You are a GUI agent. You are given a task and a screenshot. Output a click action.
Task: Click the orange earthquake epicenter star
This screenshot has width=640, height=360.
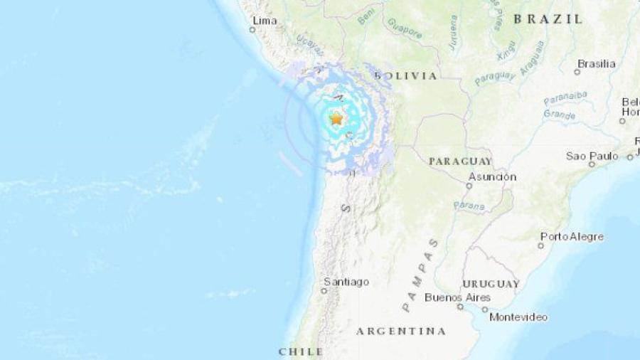point(336,119)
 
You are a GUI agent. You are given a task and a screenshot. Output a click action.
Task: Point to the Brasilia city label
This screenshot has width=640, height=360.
point(596,63)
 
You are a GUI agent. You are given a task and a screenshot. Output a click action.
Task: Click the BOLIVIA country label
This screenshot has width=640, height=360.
point(405,75)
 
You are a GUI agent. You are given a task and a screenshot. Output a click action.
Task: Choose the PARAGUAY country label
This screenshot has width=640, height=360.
point(460,162)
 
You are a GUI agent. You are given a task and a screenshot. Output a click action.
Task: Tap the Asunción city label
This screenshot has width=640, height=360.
point(492,176)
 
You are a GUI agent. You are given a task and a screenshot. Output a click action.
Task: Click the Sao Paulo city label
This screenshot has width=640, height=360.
point(592,155)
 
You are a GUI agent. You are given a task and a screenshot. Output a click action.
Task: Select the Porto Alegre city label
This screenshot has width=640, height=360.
point(572,236)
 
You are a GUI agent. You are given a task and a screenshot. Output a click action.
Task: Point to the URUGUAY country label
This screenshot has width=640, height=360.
point(491,283)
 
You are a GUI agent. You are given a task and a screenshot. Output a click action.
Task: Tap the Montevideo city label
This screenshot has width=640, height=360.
point(518,317)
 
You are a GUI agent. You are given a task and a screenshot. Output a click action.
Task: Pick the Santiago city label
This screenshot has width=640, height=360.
point(346,282)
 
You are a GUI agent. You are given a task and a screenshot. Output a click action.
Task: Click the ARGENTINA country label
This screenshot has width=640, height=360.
point(401,331)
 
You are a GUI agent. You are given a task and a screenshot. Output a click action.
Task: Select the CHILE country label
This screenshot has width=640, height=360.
point(301,351)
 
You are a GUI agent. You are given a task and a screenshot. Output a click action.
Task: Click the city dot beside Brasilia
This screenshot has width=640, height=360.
point(577,72)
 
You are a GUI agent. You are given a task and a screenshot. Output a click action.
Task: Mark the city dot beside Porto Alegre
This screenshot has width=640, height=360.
point(541,245)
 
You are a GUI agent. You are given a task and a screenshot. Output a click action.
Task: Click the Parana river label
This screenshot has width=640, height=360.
point(469,206)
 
